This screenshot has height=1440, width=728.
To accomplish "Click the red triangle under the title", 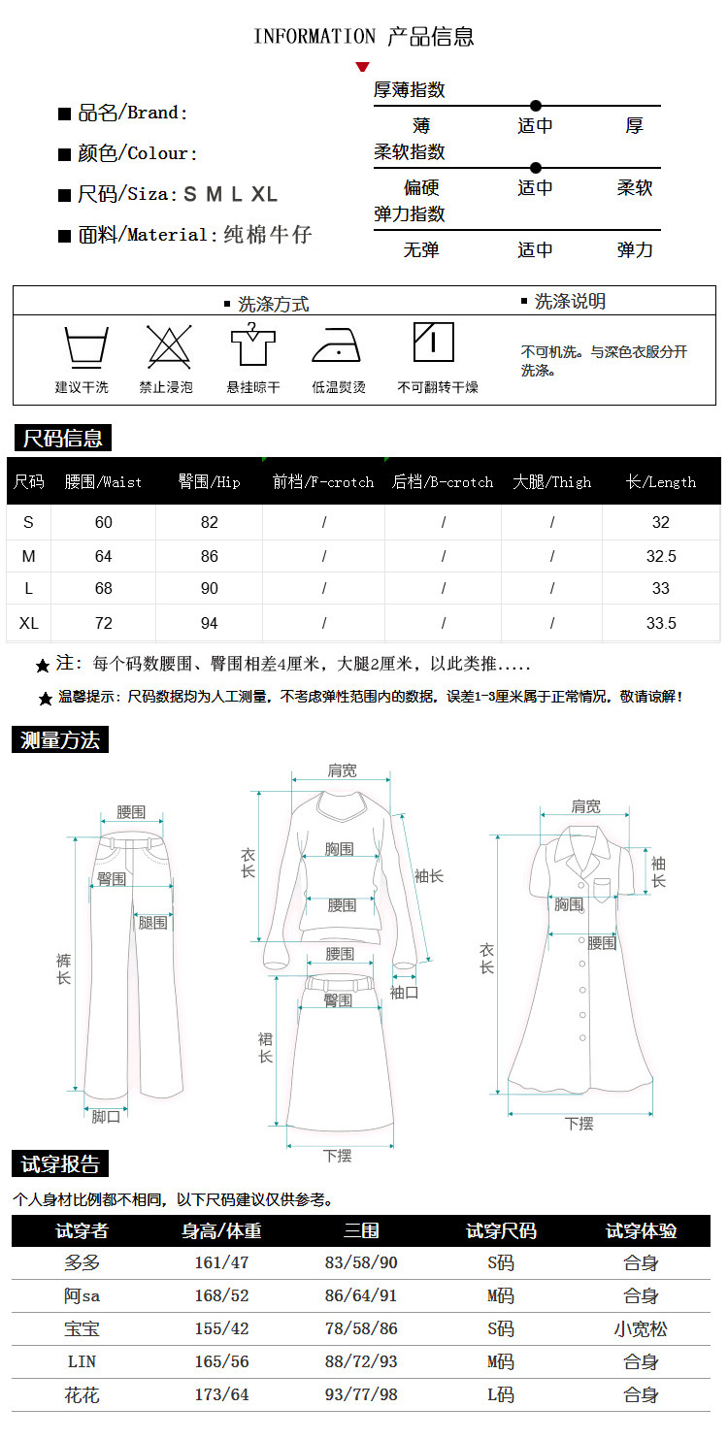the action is pos(363,67).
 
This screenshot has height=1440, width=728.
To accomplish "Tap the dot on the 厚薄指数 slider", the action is pos(536,106).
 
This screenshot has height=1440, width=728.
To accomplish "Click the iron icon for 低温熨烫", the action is pos(337,346).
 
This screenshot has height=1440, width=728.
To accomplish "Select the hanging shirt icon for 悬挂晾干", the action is pos(252,344).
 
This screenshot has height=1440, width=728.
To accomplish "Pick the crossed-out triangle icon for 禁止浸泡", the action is pos(169,346).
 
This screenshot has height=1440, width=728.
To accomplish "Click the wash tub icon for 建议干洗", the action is pos(85,347).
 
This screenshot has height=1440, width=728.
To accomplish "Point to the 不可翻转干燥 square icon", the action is pos(434,342).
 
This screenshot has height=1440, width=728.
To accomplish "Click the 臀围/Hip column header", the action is pos(209,482).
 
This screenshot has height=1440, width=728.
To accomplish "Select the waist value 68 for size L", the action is pos(104,588).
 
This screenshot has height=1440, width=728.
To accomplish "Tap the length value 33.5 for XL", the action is pos(661,623).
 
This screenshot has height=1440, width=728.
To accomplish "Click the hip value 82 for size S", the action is pos(210,522).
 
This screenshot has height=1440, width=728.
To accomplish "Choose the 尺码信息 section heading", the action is pos(62,439).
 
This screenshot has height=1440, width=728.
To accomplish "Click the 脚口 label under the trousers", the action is pos(106,1117).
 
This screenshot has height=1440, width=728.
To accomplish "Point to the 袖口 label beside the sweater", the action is pos(405,993).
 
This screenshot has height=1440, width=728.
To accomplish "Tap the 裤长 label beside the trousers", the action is pos(64,968).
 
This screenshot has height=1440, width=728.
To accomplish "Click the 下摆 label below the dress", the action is pos(579,1124).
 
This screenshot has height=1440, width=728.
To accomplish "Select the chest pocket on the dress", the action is pos(602,889).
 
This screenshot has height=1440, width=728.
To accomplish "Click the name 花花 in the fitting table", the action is pos(82,1395).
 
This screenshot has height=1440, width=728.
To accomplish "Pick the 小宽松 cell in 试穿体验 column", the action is pos(641,1328).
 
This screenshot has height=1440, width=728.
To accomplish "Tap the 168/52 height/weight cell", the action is pos(222,1295).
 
